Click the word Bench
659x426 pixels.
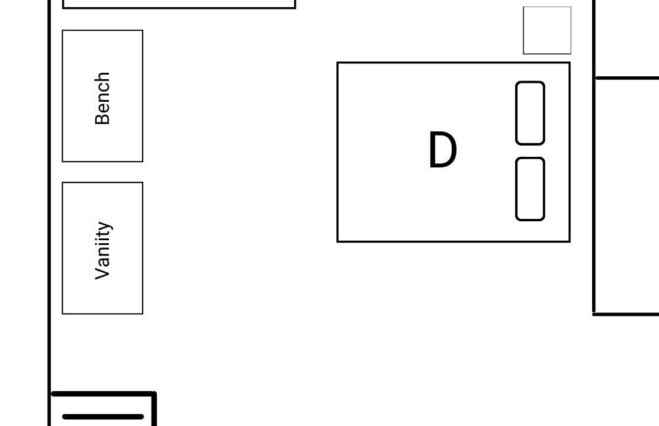coord(102,98)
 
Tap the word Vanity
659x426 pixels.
coord(104,250)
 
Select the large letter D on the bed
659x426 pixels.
coord(442,150)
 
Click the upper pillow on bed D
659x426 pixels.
coord(530,113)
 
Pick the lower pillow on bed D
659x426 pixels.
coord(530,189)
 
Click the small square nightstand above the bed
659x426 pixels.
coord(547,30)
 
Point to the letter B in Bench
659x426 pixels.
coord(102,118)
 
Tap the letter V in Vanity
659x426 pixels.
coord(102,273)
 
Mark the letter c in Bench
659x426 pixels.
coord(104,89)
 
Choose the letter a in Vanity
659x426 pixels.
coord(104,260)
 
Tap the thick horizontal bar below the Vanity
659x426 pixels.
coord(103,417)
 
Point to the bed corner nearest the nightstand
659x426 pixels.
coord(570,63)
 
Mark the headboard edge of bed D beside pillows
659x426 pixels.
coord(570,152)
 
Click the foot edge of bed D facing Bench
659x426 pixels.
coord(337,152)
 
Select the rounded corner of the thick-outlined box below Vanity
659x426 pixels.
coord(154,393)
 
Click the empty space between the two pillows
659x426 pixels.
coord(530,151)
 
